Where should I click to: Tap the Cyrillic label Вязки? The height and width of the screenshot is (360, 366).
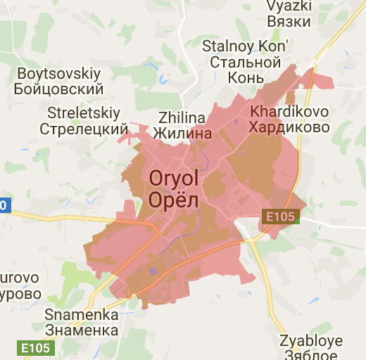[289, 22]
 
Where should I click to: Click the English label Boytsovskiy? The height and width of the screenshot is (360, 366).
[59, 74]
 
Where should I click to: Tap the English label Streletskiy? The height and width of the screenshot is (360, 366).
[84, 113]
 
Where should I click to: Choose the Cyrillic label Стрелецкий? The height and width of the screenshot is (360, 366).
[84, 129]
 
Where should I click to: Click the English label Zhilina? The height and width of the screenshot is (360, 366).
[182, 117]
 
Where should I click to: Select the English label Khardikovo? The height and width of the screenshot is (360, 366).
[289, 112]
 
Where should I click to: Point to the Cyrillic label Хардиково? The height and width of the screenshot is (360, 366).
[289, 127]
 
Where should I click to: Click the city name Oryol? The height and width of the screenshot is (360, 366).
[174, 179]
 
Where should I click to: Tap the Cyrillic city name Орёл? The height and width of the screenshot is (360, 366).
[174, 200]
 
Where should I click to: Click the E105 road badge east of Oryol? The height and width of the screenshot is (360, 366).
[281, 217]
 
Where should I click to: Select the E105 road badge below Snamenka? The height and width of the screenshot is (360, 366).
[36, 347]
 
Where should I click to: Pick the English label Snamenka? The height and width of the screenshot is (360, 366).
[81, 315]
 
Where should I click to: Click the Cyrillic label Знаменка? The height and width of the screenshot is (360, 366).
[81, 330]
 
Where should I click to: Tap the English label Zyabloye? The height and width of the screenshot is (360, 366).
[311, 341]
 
